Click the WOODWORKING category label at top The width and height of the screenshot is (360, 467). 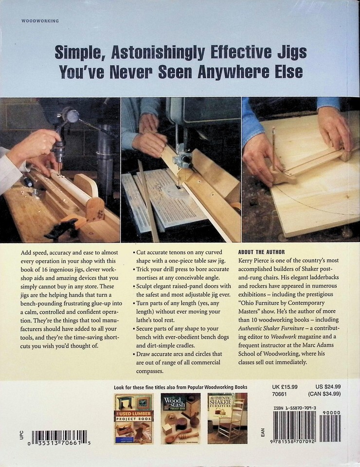tap(40, 21)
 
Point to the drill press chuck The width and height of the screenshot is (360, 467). tap(60, 148)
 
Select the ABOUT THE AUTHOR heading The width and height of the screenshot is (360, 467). tap(261, 252)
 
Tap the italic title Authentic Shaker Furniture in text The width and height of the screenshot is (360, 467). tap(271, 328)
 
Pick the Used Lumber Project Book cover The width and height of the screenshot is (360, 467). tap(134, 418)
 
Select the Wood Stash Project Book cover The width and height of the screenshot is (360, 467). tap(180, 418)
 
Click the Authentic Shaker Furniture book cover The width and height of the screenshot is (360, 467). tap(228, 418)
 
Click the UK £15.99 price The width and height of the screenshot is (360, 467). tap(285, 387)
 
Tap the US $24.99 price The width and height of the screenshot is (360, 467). tap(328, 387)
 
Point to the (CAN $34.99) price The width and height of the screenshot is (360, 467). tap(324, 394)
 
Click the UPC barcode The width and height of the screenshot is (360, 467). tap(59, 437)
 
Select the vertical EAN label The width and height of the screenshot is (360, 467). tap(262, 432)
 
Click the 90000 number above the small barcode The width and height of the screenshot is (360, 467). tap(331, 413)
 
